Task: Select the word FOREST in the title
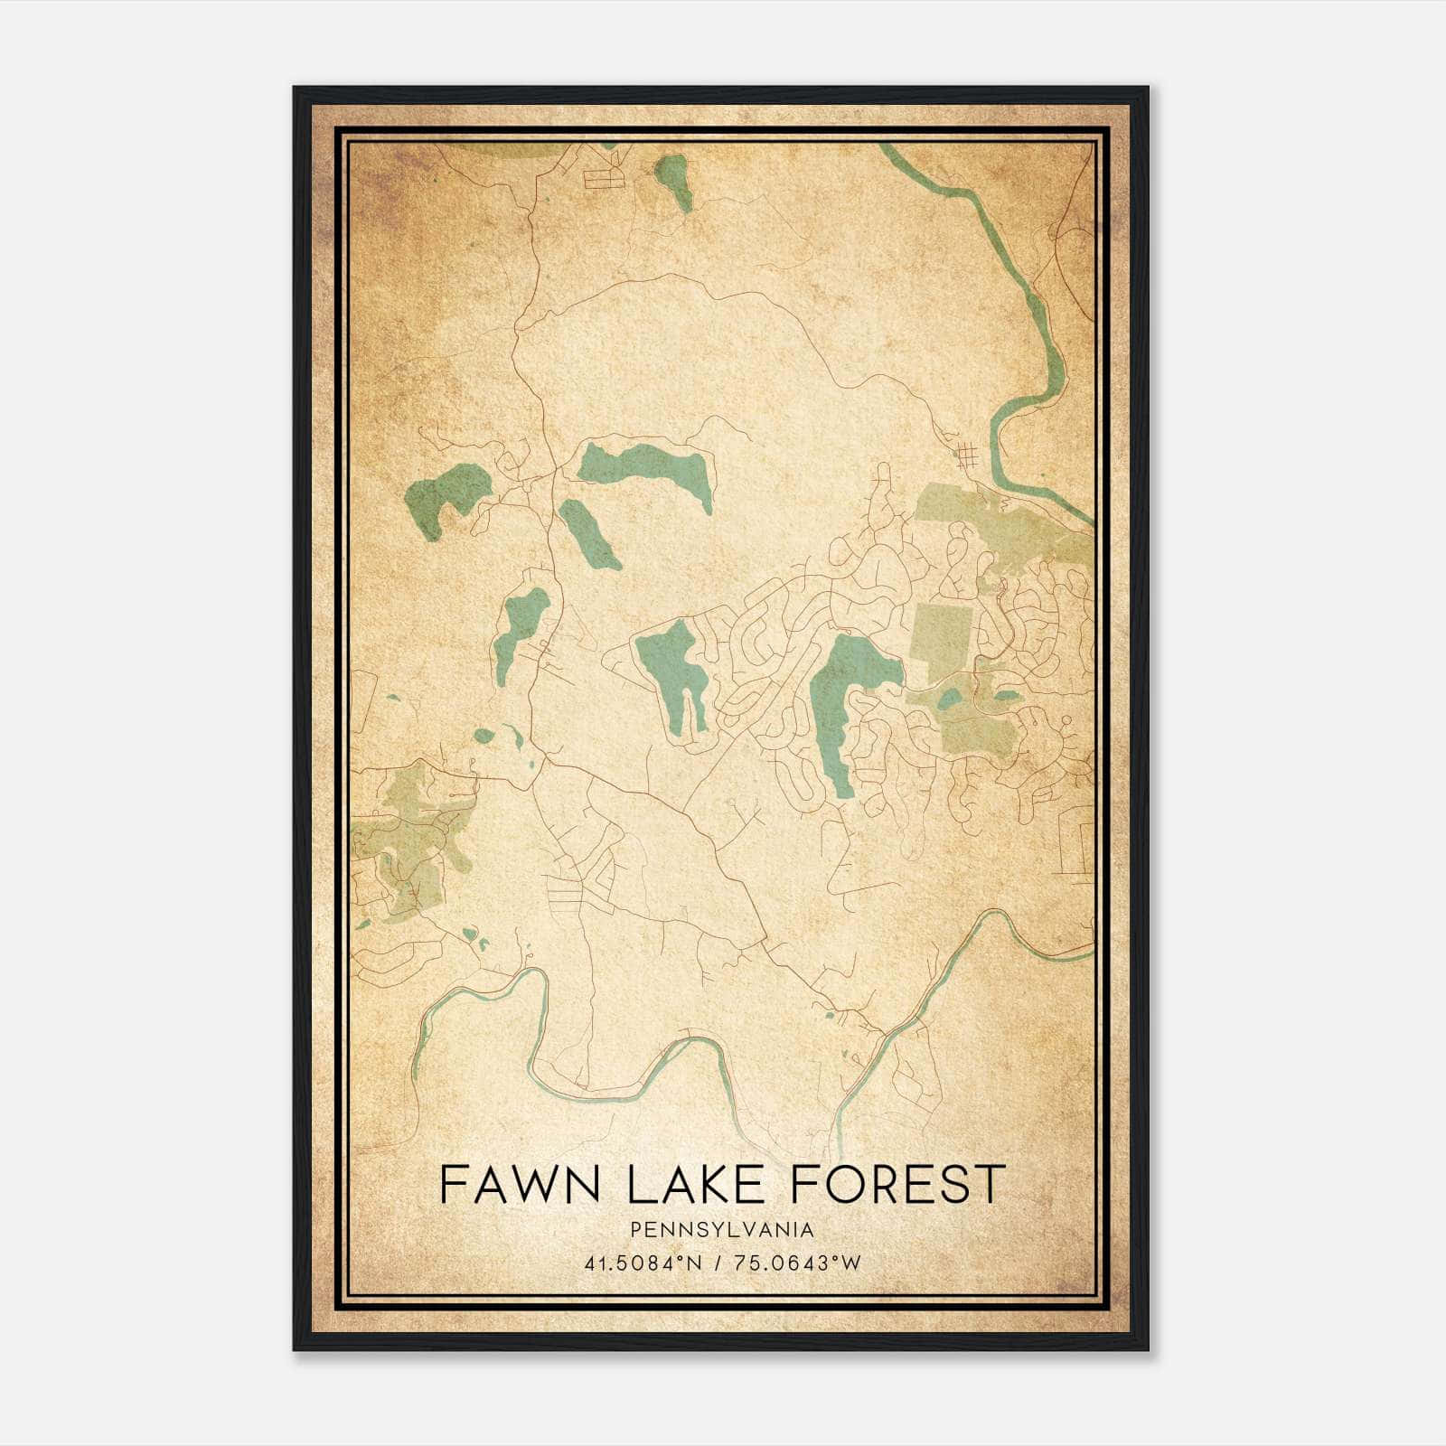(x=897, y=1185)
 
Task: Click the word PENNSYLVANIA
(x=722, y=1230)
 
